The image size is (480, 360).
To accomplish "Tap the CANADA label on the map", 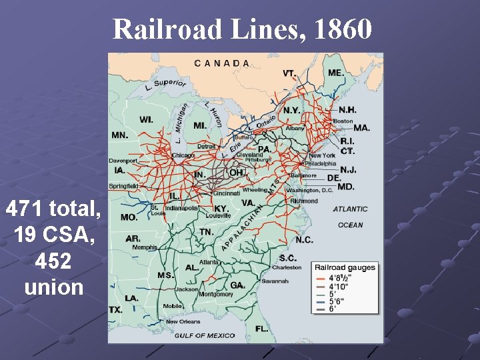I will point(223,63).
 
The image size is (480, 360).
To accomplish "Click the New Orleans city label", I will point(183,321).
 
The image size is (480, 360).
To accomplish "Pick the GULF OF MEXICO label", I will point(204,335).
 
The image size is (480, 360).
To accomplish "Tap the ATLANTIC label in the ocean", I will point(350,209).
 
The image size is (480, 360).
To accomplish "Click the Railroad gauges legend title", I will point(345,268).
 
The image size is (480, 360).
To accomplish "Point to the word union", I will point(53,287).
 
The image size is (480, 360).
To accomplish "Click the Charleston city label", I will point(286,267).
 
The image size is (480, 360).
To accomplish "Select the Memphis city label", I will point(144,247).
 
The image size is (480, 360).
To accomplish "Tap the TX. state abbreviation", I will point(117,309).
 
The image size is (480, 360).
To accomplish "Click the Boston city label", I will point(343,121).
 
